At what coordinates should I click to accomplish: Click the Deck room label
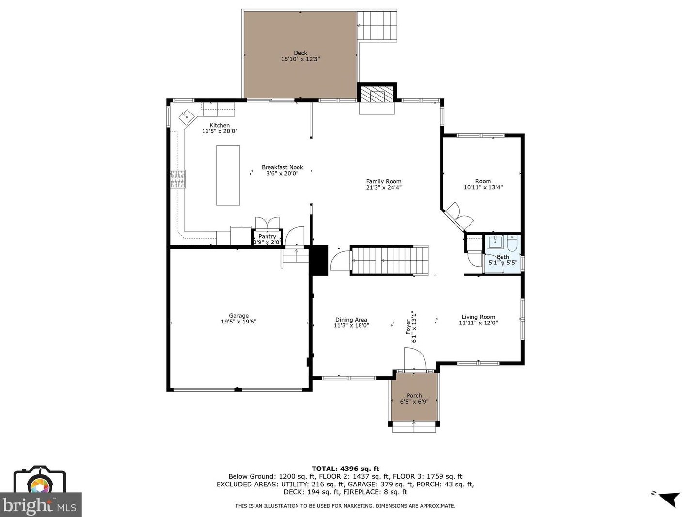pos(300,53)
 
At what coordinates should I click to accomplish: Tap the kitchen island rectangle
pos(228,176)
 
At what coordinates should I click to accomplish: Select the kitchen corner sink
pos(186,116)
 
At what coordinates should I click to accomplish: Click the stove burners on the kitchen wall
pos(178,179)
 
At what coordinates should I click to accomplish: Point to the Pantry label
pos(267,236)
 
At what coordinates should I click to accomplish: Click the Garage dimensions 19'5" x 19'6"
pos(238,322)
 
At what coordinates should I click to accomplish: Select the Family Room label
pos(383,181)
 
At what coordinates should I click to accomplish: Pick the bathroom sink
pos(495,242)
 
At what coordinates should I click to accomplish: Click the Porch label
pos(414,395)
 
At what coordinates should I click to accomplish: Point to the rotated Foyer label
pos(408,327)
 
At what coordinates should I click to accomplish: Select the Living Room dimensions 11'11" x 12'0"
pos(478,323)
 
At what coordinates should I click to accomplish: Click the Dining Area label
pos(351,320)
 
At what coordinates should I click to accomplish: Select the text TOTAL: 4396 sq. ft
pos(345,469)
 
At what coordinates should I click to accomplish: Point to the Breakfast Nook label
pos(283,167)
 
